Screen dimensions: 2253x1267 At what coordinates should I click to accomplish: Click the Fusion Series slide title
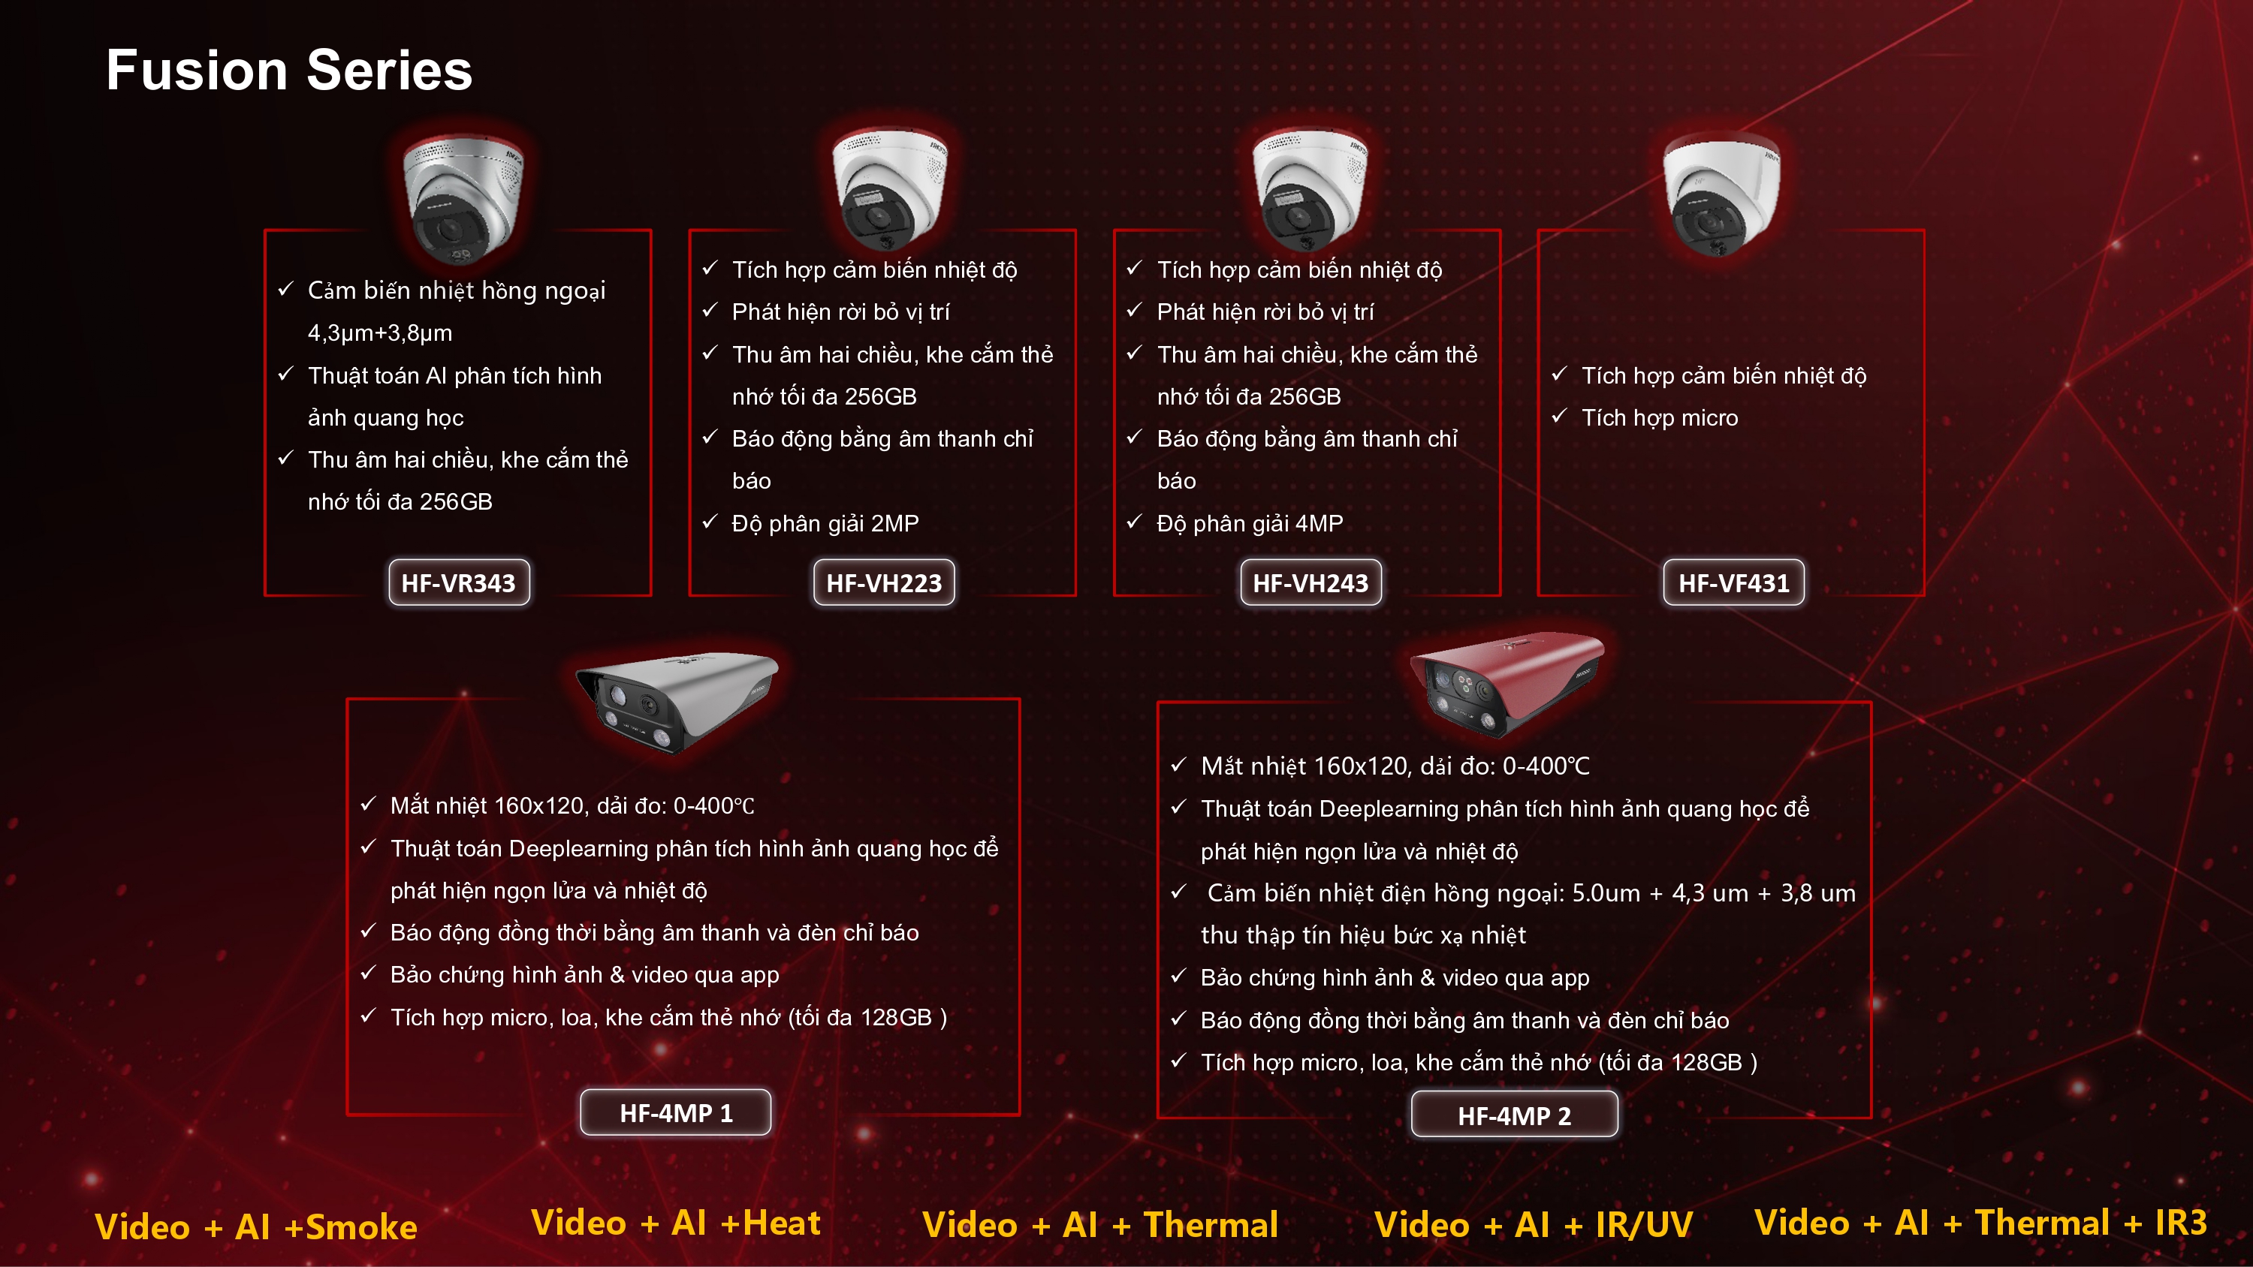(x=288, y=70)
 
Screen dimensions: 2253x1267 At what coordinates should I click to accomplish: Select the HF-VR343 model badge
(x=459, y=582)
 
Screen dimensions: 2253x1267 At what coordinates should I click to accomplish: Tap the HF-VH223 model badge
(x=884, y=582)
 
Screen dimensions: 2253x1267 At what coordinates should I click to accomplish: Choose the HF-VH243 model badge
(x=1311, y=582)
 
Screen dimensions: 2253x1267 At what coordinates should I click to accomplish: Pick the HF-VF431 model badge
(x=1733, y=582)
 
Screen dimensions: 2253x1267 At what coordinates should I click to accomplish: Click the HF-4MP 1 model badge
(x=676, y=1112)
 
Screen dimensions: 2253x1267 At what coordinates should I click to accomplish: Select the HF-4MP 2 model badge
(x=1515, y=1115)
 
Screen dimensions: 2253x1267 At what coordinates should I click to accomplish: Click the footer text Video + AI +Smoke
(x=256, y=1226)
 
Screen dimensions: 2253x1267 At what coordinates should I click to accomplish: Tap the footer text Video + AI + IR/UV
(x=1534, y=1225)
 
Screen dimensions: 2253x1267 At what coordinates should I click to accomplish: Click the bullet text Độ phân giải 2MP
(x=825, y=524)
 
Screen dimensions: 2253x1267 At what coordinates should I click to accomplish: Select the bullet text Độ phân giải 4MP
(x=1250, y=524)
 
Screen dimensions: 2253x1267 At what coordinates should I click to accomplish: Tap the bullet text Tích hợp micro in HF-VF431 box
(x=1660, y=418)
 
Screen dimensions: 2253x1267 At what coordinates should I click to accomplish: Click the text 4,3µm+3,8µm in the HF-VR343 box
(x=379, y=333)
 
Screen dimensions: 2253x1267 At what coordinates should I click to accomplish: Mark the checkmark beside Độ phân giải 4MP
(x=1134, y=522)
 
